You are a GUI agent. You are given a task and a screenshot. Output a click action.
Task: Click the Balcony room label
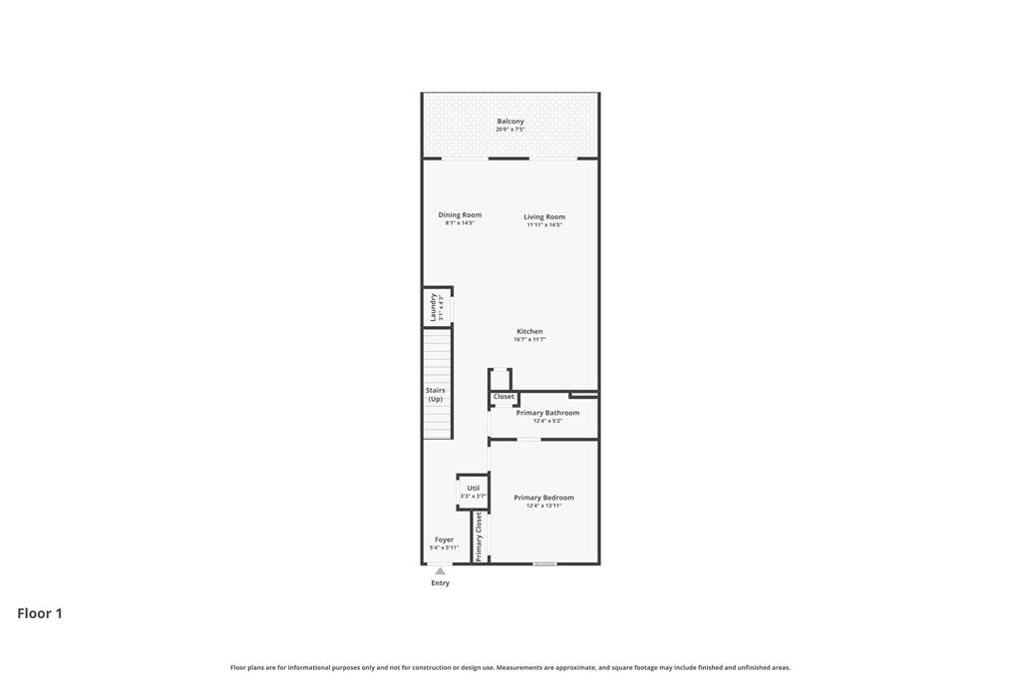pos(510,121)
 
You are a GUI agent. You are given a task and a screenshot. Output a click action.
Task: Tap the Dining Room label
pos(460,214)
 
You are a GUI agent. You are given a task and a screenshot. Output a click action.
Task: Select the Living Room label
pos(544,216)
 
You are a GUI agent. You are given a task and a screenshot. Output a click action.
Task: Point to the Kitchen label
pos(529,331)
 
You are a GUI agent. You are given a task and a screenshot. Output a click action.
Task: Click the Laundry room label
pos(433,307)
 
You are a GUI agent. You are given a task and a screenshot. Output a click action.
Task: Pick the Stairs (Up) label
pos(436,395)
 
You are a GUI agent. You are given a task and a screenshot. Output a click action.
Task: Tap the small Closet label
pos(504,397)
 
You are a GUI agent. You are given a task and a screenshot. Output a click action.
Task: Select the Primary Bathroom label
pos(547,413)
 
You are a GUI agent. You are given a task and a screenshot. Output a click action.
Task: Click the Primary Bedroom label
pos(543,498)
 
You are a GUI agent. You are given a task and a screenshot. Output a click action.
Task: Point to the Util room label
pos(474,488)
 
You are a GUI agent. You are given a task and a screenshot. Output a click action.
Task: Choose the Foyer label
pos(444,539)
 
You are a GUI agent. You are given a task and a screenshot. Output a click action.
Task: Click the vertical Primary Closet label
pos(479,536)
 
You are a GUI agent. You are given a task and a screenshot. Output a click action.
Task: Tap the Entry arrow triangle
pos(440,571)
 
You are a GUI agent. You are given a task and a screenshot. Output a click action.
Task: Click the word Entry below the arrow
pos(440,583)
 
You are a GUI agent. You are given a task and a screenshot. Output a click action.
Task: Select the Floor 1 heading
pos(40,613)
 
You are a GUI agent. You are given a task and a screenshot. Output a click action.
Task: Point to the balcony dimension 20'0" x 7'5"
pos(510,130)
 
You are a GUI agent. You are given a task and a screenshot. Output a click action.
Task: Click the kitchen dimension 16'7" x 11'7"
pos(529,339)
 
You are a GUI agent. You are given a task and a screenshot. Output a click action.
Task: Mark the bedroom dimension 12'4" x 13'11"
pos(543,506)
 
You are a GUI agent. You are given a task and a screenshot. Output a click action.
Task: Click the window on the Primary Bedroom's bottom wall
pos(545,563)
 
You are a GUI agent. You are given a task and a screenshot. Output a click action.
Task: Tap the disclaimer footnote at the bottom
pos(510,667)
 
